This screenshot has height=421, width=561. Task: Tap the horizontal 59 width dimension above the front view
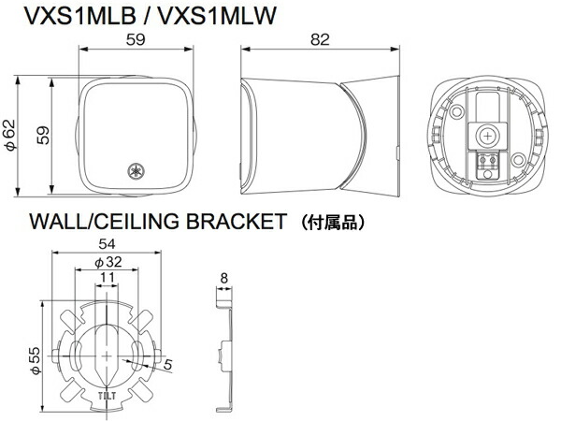[137, 40]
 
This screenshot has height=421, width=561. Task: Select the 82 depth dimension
[321, 40]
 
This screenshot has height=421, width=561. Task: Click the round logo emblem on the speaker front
[137, 172]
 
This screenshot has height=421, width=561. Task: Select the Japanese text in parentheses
[326, 224]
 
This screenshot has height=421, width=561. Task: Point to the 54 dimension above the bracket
[108, 244]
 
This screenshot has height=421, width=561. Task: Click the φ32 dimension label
[108, 262]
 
